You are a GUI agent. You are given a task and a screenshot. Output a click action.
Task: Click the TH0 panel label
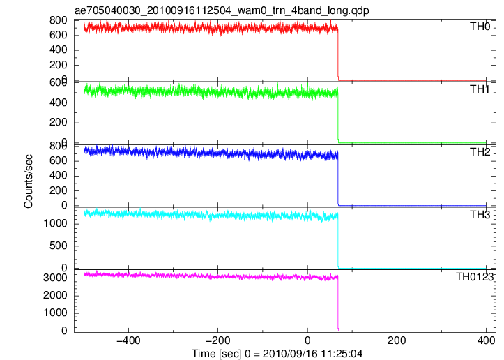point(480,27)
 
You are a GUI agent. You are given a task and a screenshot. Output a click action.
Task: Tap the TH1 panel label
point(480,89)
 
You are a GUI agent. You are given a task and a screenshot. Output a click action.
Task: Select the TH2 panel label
point(480,152)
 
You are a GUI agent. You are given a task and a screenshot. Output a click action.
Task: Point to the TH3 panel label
point(480,215)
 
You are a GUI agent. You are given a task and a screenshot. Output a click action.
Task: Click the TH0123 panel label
point(475,277)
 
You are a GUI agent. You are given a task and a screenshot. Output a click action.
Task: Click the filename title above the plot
point(222,10)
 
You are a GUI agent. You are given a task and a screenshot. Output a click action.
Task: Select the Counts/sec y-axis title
point(29,181)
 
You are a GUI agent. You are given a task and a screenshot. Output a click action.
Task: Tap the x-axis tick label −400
point(128,340)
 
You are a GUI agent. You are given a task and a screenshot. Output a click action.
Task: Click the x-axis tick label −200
point(218,340)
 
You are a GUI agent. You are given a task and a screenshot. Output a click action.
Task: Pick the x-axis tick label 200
point(397,340)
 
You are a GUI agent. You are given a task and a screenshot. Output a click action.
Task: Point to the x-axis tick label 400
point(486,340)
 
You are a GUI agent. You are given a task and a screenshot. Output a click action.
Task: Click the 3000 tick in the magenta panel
point(55,278)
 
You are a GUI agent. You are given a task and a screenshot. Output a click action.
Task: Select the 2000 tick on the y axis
point(55,295)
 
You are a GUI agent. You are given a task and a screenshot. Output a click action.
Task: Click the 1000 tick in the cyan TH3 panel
point(55,223)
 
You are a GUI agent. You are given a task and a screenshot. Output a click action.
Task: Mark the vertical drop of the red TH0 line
point(338,54)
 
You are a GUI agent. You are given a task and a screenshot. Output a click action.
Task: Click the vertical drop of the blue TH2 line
point(338,179)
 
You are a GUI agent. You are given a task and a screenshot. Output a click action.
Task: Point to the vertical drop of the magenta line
point(338,303)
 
